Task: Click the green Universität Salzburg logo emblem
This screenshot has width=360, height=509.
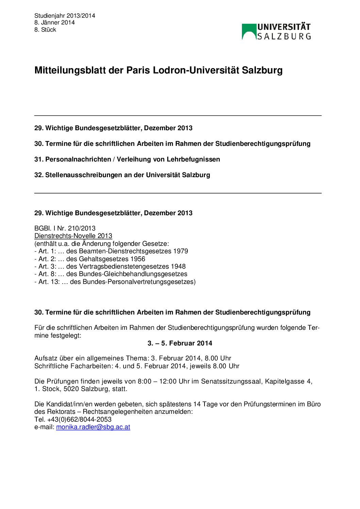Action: (x=249, y=31)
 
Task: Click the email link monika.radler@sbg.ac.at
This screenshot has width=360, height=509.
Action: (x=93, y=427)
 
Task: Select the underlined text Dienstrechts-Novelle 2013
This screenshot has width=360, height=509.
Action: (x=73, y=236)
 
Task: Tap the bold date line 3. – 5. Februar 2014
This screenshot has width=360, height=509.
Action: (x=180, y=343)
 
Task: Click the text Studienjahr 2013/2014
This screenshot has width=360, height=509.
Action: (x=65, y=16)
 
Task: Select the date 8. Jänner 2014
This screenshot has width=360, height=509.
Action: (x=54, y=23)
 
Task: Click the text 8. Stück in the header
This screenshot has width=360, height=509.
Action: (x=45, y=30)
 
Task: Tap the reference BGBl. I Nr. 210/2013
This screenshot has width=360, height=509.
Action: (x=65, y=228)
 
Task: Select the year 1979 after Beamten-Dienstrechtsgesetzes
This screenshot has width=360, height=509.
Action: (x=181, y=251)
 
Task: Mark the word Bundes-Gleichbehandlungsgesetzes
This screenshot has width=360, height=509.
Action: (x=133, y=274)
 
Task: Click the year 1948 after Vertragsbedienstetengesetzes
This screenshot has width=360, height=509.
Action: (x=178, y=267)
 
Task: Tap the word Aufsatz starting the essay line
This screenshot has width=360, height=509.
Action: (x=46, y=358)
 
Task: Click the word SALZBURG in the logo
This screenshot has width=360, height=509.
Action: (x=284, y=36)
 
